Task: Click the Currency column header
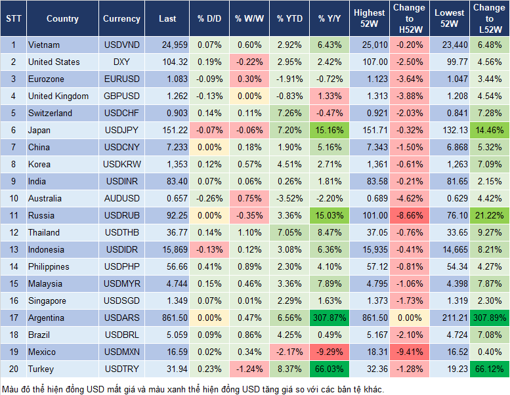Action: click(121, 19)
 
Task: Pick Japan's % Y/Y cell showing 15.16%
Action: click(329, 130)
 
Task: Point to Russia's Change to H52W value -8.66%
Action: click(408, 215)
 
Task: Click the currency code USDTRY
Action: click(121, 369)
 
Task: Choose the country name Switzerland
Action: click(50, 113)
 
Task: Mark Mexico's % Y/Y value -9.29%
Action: click(329, 352)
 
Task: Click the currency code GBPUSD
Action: click(121, 96)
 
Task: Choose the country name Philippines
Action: click(49, 266)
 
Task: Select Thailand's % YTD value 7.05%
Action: click(289, 232)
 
